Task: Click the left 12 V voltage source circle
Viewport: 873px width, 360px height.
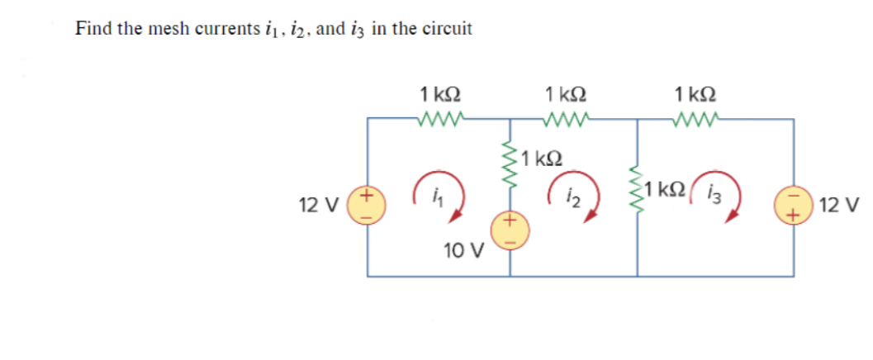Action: click(368, 205)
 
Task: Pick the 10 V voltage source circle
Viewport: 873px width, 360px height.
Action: click(509, 230)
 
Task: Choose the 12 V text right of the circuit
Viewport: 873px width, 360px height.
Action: click(842, 204)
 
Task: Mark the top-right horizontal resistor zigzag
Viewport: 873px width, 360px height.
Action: click(696, 120)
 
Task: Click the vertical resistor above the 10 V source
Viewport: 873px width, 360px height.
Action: click(509, 168)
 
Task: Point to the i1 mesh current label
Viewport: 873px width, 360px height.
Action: click(434, 197)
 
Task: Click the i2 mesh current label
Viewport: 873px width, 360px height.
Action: click(571, 197)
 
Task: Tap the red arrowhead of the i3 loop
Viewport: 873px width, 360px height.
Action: click(730, 216)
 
